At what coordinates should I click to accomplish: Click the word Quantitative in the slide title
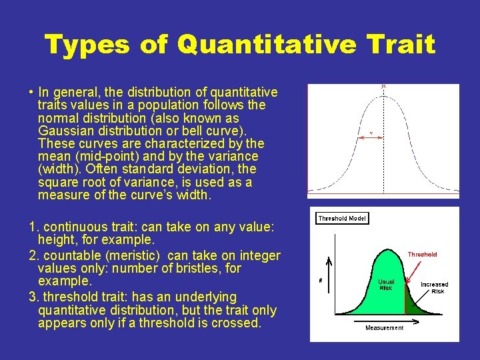269,45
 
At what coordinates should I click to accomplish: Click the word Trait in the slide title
402,45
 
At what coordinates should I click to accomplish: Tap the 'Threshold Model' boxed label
341,218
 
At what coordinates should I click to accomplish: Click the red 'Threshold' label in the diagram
422,254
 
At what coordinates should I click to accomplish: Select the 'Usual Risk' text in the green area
386,285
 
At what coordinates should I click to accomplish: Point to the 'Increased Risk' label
434,288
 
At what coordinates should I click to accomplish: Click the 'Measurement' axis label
384,327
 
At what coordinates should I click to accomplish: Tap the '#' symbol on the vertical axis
321,281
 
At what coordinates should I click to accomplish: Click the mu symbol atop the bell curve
383,86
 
